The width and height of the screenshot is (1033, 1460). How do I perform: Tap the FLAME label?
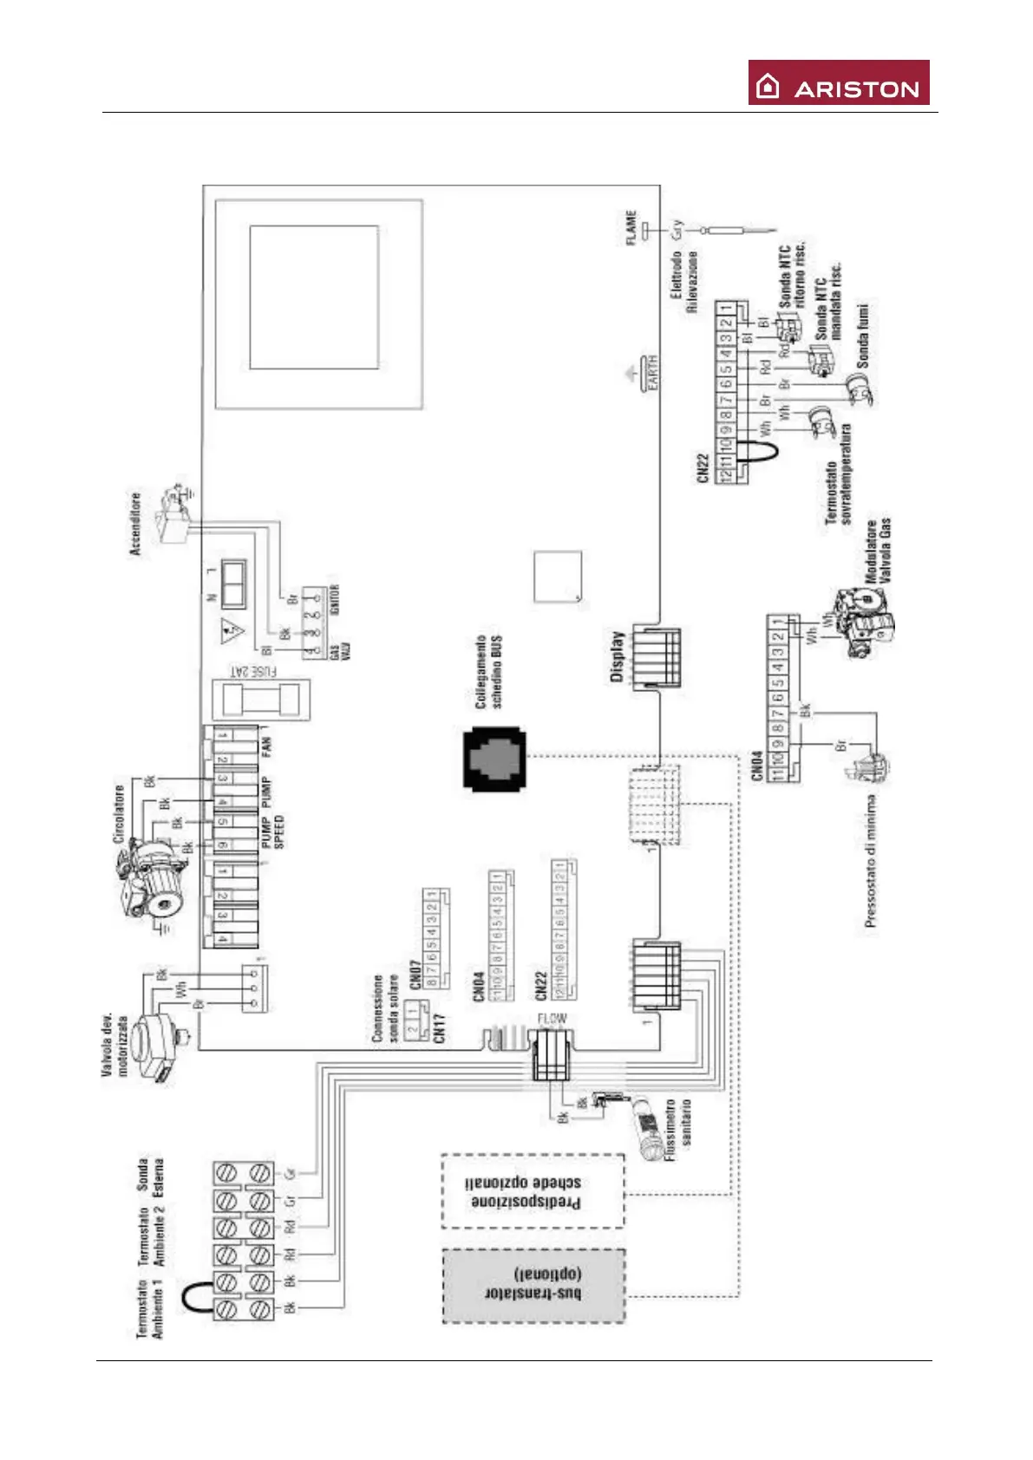tap(631, 227)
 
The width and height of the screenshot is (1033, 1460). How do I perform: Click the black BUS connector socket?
tap(494, 759)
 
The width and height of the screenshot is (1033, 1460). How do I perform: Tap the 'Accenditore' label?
tap(134, 524)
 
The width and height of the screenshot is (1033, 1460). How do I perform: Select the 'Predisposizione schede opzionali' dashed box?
tap(533, 1191)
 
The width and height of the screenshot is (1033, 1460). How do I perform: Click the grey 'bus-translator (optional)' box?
tap(533, 1286)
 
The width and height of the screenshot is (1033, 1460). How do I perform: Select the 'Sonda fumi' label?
tap(863, 335)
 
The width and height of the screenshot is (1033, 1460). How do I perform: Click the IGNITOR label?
tap(335, 599)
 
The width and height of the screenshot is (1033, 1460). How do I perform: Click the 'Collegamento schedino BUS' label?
tap(488, 672)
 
